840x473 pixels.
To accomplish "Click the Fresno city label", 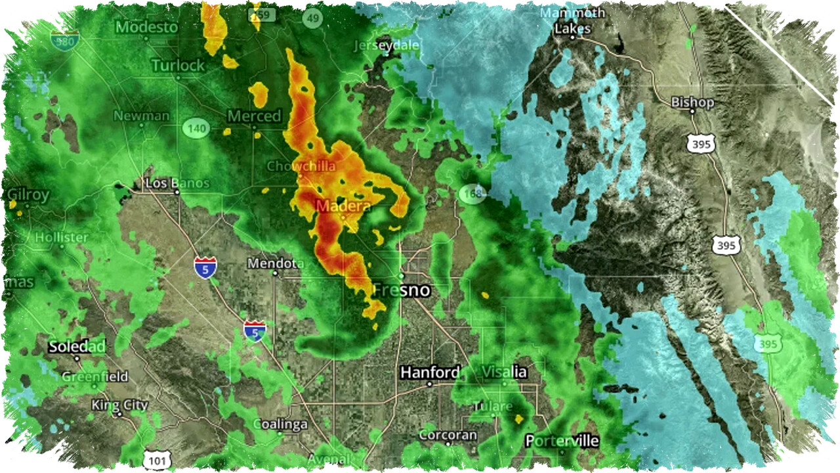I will point(402,290).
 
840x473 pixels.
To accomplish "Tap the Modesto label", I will point(146,28).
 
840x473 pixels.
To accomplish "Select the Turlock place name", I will point(178,66).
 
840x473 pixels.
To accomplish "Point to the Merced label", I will point(254,116).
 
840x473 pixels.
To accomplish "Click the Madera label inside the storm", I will point(343,206).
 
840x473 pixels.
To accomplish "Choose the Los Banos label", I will point(177,183).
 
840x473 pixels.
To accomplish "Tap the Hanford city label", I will point(430,372).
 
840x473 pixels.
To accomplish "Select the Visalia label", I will point(504,372).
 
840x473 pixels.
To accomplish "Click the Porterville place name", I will point(562,441).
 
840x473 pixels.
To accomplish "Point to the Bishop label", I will point(692,102).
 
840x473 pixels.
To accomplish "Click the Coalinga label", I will point(280,424).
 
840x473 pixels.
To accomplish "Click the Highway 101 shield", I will point(157,461).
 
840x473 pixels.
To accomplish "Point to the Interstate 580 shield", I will point(64,40).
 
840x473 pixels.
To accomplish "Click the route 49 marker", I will point(312,18).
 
